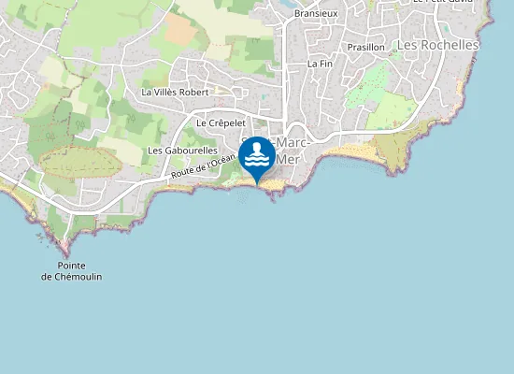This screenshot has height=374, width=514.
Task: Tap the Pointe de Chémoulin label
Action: (72, 271)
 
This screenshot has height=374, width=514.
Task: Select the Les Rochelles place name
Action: (437, 45)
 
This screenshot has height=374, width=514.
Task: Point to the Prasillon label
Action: (365, 47)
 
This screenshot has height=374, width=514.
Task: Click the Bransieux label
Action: (316, 14)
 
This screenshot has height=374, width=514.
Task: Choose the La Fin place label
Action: (320, 64)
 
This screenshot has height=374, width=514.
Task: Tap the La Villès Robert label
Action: (175, 93)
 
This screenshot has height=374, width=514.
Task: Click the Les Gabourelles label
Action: (182, 151)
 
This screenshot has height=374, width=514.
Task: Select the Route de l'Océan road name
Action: (203, 167)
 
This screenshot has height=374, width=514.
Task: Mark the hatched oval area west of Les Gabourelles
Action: (81, 162)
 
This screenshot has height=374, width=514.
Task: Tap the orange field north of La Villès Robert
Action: (181, 33)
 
